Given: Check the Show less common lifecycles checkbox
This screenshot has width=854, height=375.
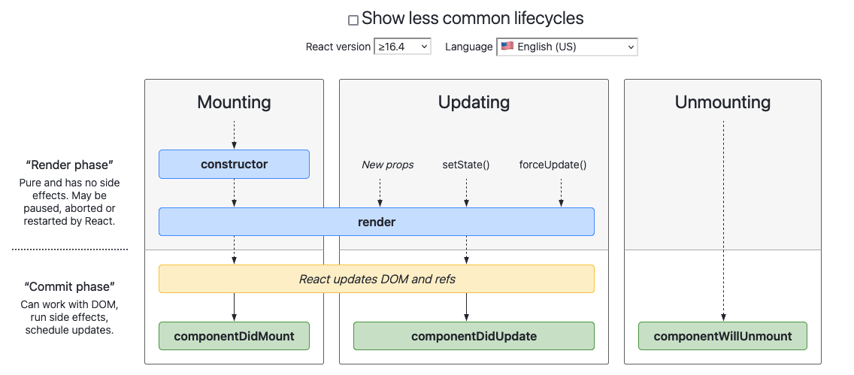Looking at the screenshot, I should coord(353,20).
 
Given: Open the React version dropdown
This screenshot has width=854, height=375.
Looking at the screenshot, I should coord(402,47).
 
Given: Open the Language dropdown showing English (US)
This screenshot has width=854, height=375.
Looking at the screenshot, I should coord(567,47).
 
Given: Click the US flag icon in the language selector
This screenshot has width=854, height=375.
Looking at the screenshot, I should coord(507,46).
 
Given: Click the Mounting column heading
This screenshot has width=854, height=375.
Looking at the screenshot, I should coord(234,102).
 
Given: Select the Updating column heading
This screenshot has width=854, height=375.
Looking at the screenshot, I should coord(474,102).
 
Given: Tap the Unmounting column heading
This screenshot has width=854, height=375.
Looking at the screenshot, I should coord(722,102).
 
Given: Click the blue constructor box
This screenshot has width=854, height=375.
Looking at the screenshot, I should coord(234,164).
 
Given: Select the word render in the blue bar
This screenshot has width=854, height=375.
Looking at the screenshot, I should coord(377,222).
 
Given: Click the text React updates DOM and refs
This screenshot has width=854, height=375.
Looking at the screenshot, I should coord(377,279).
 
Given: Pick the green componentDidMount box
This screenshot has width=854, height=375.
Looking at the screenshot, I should coord(234,336).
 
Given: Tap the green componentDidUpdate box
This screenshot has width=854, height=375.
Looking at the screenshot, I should coord(474,336).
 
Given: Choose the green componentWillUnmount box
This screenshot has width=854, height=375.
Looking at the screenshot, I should coord(722,336).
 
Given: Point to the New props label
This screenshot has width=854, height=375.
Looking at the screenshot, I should coord(387,165).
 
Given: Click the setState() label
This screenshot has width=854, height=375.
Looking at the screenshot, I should coord(466,165).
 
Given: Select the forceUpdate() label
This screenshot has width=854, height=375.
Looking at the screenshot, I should coord(553,165).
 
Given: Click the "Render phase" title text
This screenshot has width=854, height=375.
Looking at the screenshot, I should coord(69,165).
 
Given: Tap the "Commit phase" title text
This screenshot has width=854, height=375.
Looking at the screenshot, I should coord(69,286).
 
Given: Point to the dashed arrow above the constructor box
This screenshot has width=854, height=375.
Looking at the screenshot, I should coord(234,135).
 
